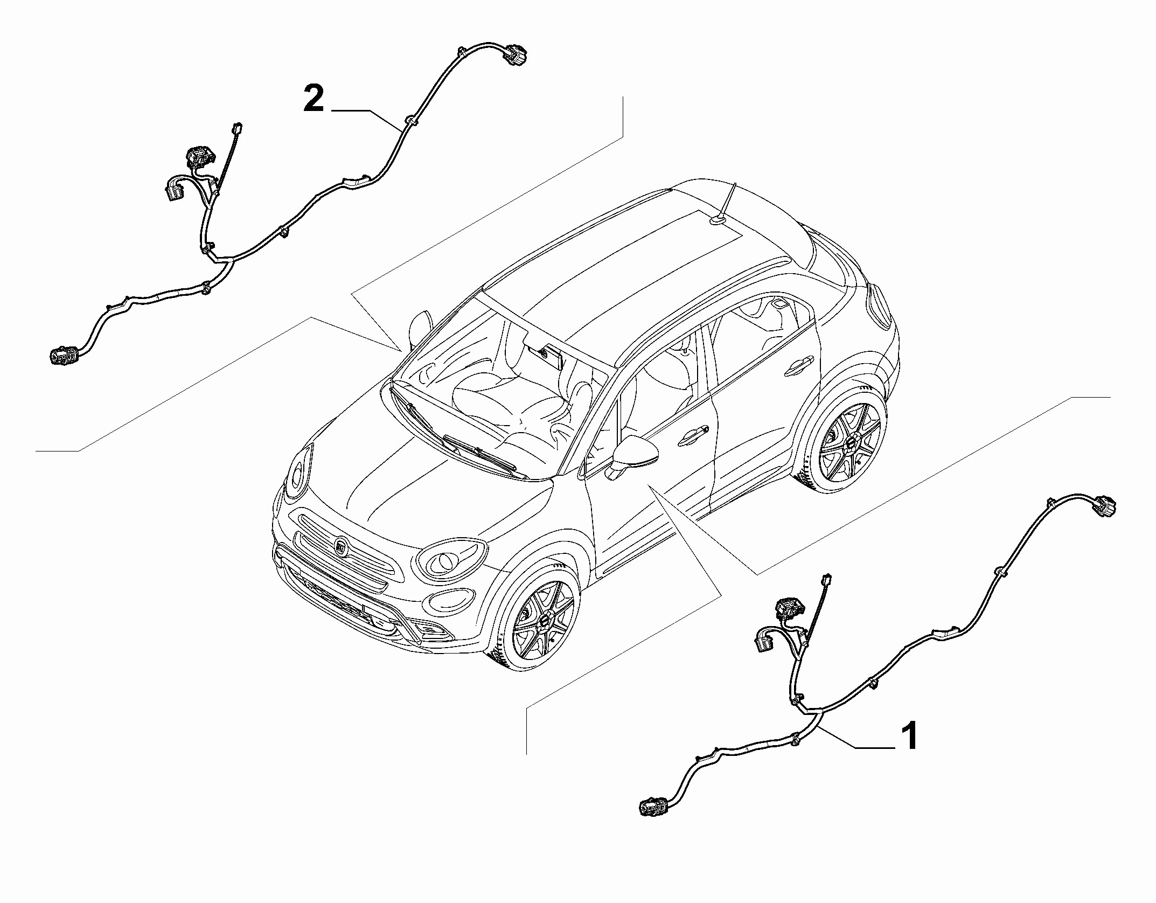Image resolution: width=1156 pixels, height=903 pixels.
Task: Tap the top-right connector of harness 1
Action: pos(1103,507)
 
